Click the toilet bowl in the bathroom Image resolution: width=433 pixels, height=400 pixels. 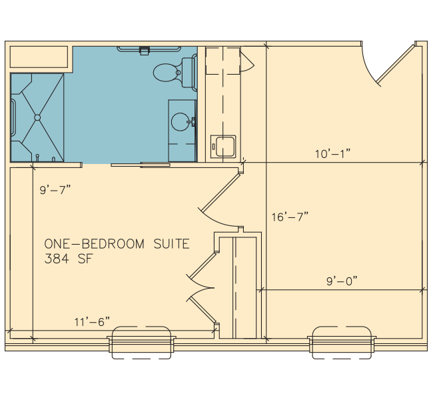tap(165, 73)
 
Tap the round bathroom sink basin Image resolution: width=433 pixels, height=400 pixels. tap(180, 121)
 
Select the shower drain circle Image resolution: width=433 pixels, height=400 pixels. tap(37, 117)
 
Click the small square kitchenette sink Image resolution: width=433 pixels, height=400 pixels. tap(223, 147)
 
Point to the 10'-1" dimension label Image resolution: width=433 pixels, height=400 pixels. tap(333, 154)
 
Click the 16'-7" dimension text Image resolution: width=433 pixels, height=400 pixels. tap(290, 217)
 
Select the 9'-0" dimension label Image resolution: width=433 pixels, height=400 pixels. tap(342, 281)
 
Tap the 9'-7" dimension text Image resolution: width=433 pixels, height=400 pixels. tap(55, 190)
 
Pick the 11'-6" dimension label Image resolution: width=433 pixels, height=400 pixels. tap(92, 321)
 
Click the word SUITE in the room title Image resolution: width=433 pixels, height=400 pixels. tap(171, 244)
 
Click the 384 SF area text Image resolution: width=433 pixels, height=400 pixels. tap(69, 259)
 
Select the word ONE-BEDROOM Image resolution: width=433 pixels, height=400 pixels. tap(95, 244)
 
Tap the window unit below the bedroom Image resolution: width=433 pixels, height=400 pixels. tap(141, 343)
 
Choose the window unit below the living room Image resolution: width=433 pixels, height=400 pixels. tap(342, 343)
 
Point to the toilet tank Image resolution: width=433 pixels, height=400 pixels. tap(188, 73)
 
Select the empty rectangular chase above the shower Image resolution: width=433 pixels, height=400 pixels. tap(39, 57)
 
